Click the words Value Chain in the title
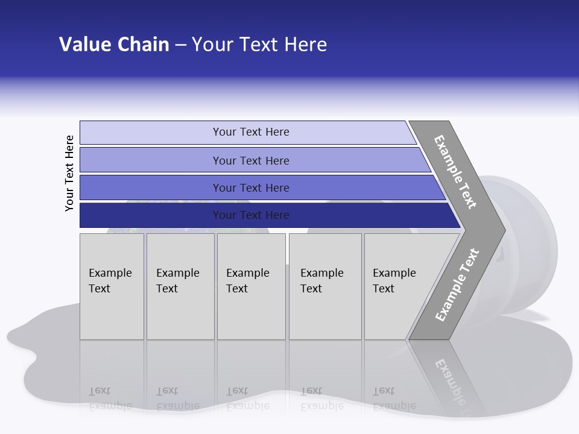114,44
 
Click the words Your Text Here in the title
259,44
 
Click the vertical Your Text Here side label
69,173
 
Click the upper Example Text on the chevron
455,172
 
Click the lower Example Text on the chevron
457,285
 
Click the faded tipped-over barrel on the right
531,253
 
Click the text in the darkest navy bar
251,215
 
